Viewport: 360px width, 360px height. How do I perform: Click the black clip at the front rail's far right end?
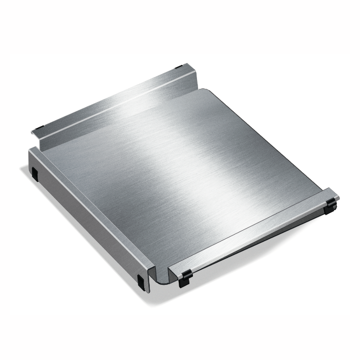click(331, 204)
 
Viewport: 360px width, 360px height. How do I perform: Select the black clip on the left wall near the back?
click(35, 173)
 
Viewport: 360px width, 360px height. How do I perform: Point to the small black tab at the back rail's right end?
click(178, 66)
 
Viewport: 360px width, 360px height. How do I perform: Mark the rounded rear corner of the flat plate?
click(203, 91)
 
